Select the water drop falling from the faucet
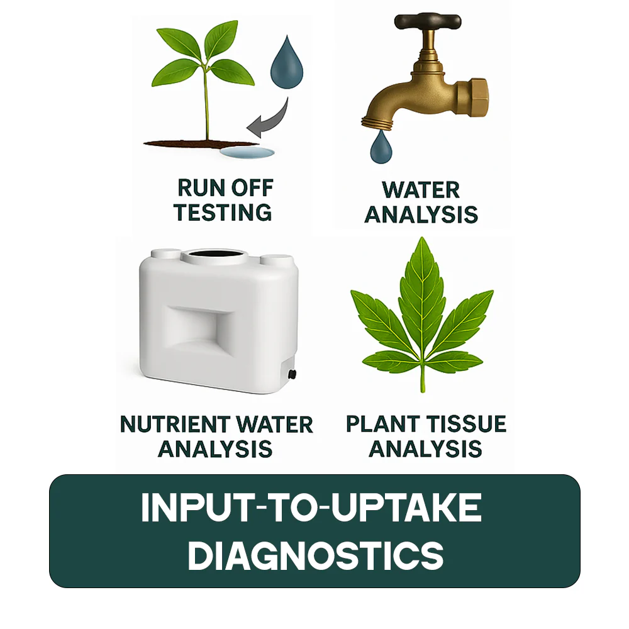pyautogui.click(x=381, y=148)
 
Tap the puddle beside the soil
pyautogui.click(x=247, y=152)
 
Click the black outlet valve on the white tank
pyautogui.click(x=292, y=374)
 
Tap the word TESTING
pyautogui.click(x=223, y=212)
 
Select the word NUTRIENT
pyautogui.click(x=175, y=425)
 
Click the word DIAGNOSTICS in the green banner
pyautogui.click(x=316, y=555)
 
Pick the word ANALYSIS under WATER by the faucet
pyautogui.click(x=421, y=214)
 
